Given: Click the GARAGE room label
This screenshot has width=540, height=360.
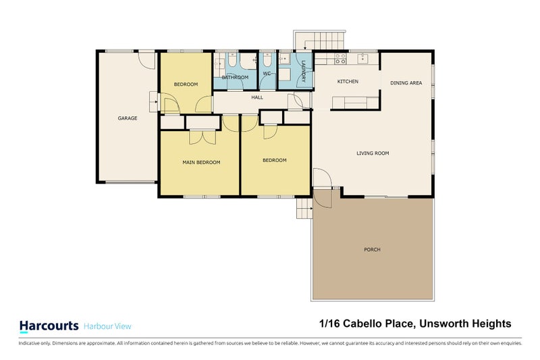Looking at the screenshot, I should click(128, 118).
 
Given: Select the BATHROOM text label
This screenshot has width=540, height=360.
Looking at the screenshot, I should click(235, 78).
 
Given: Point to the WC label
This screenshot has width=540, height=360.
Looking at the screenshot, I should click(267, 73).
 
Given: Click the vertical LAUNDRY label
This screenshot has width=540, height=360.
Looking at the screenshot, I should click(304, 72).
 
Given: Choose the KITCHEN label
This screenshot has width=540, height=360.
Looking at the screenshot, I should click(348, 82).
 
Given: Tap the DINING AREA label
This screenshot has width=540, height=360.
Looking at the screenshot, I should click(406, 83).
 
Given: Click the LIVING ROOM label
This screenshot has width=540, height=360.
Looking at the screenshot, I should click(373, 153).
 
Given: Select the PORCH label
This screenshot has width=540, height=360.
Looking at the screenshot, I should click(372, 250).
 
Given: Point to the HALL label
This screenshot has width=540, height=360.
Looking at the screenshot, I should click(257, 97).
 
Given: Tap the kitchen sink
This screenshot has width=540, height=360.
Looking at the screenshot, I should click(364, 57).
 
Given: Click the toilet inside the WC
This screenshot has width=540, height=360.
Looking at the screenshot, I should click(267, 61).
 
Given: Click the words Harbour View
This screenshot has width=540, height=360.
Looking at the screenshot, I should click(108, 326).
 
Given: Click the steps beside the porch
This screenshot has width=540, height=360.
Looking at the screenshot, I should click(304, 209).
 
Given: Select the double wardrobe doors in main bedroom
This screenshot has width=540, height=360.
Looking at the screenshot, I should click(200, 137).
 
